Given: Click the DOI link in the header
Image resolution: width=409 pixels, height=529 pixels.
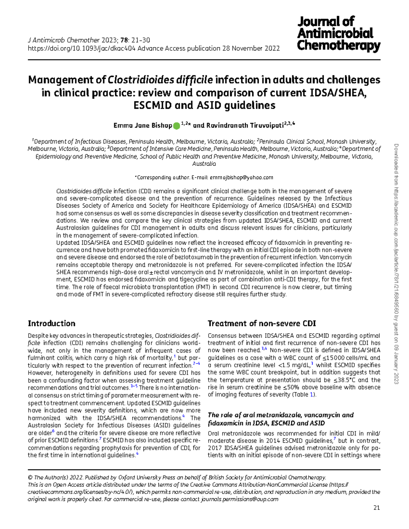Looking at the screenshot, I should click(81, 48).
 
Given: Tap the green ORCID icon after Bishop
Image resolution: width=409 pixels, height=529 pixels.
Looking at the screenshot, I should click(176, 126).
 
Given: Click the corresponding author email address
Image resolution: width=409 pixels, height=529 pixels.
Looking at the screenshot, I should click(241, 177).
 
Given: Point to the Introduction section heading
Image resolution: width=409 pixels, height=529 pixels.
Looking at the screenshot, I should click(51, 324).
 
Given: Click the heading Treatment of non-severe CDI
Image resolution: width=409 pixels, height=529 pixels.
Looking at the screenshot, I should click(261, 324).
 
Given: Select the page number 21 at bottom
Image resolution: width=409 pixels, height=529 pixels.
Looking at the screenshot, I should click(376, 508).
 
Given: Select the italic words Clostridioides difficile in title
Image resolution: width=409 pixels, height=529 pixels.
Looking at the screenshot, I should click(160, 80).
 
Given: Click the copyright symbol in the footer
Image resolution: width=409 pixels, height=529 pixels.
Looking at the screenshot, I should click(30, 478).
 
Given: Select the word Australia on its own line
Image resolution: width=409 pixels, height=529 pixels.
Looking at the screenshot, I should click(204, 164).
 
